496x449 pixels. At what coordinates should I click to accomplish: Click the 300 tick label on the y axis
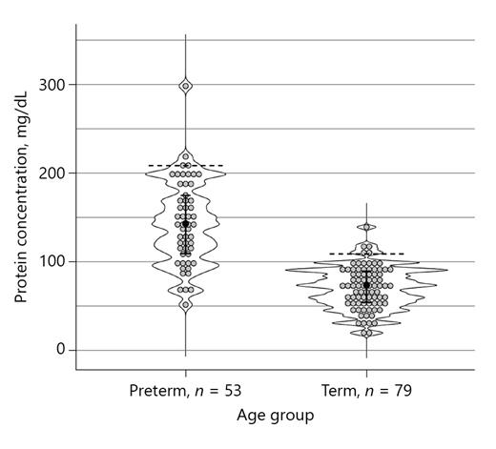click(52, 85)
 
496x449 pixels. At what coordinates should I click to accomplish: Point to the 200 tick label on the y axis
click(52, 173)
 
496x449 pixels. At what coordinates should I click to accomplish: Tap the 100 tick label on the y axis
click(52, 261)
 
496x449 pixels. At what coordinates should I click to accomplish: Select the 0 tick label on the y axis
click(60, 350)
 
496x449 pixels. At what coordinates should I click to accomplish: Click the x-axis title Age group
click(276, 416)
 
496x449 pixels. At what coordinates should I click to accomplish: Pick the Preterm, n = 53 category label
click(185, 391)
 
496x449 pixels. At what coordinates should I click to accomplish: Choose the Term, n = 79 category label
click(366, 391)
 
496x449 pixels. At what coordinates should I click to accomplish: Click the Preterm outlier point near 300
click(186, 86)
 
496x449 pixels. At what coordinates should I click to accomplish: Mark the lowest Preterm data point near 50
click(186, 305)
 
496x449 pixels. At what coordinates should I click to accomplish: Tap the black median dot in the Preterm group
click(186, 223)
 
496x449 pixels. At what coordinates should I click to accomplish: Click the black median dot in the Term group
click(367, 284)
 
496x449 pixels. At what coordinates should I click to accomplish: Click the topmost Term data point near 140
click(367, 227)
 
